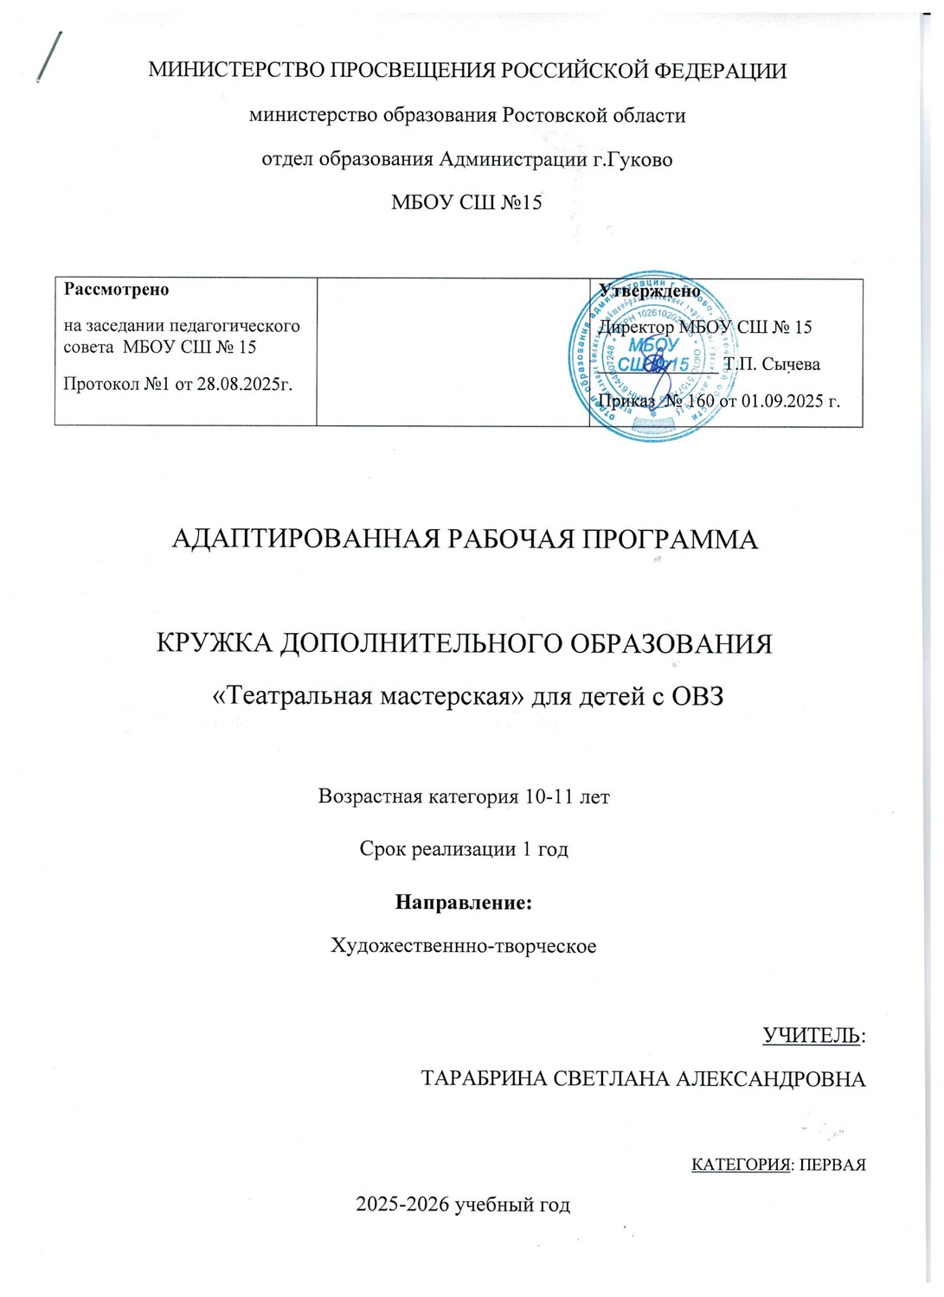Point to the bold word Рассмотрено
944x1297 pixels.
[x=117, y=290]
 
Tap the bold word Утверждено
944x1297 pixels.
[x=650, y=291]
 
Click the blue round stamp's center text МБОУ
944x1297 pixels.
[x=654, y=345]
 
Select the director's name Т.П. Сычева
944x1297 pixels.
[x=772, y=364]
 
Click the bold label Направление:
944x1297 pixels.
[x=463, y=903]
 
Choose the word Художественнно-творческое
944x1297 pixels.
[x=464, y=946]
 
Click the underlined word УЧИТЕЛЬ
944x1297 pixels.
[x=811, y=1035]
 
